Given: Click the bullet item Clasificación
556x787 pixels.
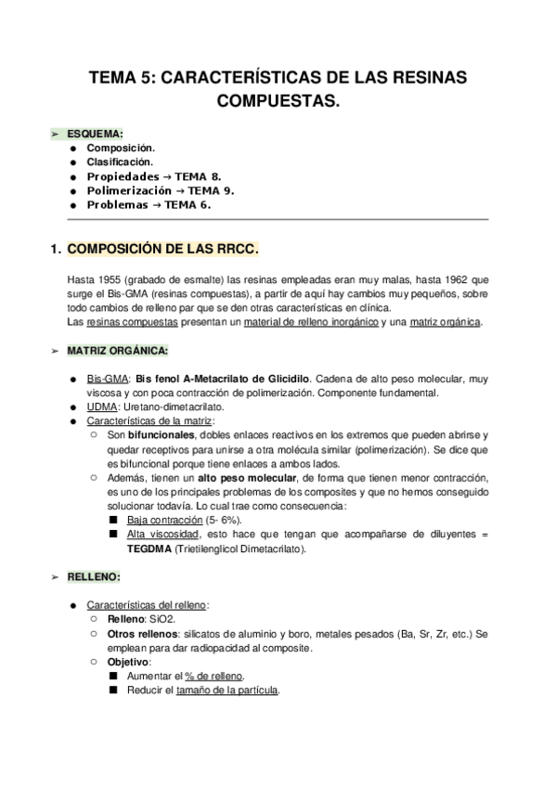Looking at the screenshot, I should (x=120, y=161).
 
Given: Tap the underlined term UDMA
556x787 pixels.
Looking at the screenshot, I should (x=102, y=406).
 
